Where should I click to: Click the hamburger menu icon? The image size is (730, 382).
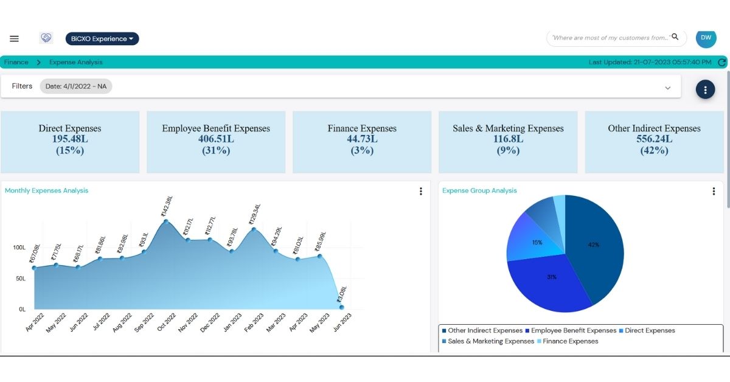[x=15, y=39]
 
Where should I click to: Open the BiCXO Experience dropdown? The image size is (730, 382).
[x=102, y=39]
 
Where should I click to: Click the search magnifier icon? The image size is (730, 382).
[x=675, y=37]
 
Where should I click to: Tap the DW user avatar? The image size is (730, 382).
[x=706, y=38]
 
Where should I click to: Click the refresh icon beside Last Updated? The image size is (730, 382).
[x=722, y=62]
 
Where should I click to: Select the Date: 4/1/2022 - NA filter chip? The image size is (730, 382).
[x=76, y=86]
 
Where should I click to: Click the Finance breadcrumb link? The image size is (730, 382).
[x=16, y=62]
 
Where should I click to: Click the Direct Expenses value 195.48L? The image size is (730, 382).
[x=70, y=139]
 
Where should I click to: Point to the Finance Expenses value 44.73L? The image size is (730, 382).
[x=362, y=139]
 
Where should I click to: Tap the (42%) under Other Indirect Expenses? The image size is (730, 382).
[x=654, y=150]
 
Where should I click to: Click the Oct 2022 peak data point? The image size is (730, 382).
[x=166, y=221]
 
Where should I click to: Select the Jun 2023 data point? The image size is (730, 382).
[x=342, y=307]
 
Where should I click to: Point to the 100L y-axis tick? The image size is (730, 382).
[x=19, y=248]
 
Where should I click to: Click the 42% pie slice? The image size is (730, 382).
[x=593, y=245]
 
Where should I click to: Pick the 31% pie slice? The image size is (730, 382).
[x=551, y=277]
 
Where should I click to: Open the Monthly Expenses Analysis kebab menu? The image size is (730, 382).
[x=420, y=191]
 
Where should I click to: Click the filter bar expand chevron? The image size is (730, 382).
[x=667, y=88]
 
